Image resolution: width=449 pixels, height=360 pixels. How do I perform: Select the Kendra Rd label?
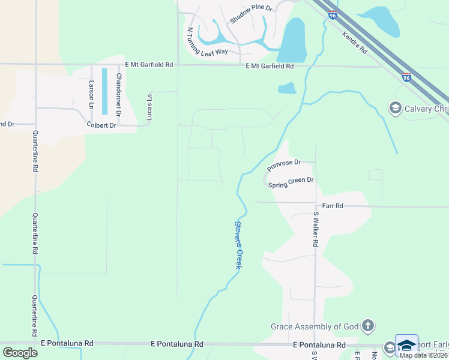click(x=354, y=43)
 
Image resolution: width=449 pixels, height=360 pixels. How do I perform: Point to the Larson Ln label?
click(x=91, y=94)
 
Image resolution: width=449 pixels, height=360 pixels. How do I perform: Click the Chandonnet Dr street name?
click(x=119, y=95)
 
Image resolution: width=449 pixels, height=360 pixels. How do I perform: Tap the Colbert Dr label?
click(x=101, y=125)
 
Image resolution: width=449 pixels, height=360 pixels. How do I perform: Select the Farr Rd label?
click(x=332, y=206)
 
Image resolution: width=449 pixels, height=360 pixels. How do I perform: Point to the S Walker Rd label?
click(x=315, y=229)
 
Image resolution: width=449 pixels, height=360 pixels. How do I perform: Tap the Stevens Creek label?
click(x=238, y=245)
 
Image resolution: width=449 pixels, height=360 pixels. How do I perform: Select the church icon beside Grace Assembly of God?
click(x=368, y=326)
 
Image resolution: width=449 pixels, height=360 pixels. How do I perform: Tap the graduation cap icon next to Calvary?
click(x=395, y=108)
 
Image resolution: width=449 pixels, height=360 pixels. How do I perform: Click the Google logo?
click(x=19, y=352)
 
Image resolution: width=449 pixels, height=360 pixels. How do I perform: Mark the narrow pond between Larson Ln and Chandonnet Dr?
click(x=104, y=91)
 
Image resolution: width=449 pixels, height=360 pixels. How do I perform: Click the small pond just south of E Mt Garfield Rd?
click(x=287, y=88)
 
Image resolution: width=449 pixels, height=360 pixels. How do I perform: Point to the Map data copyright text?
click(x=424, y=355)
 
